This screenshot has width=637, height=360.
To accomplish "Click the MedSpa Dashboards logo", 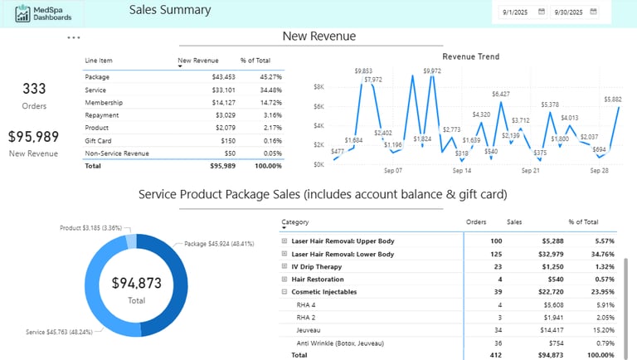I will point(44,13).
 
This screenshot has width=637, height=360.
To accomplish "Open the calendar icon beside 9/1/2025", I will point(541,12).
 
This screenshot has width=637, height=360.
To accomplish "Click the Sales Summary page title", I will point(170,11).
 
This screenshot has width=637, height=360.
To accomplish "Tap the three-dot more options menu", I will point(74,38).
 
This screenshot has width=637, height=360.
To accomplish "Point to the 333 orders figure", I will point(34,89).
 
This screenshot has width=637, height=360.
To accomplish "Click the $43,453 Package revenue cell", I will point(218,76).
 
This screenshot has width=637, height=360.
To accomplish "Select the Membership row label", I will point(104,102).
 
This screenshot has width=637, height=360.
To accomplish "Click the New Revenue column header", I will point(198,61).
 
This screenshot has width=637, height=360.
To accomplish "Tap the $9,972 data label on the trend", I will point(432,71).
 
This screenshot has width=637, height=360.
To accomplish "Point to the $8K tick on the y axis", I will point(318,87).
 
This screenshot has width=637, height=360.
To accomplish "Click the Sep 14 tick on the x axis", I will point(462,171).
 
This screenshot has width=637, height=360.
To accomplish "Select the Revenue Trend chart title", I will point(470,56).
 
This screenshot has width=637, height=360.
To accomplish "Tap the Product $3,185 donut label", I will point(90,227).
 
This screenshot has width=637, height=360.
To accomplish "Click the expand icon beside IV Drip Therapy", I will point(284,266).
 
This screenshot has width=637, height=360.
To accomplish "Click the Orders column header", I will point(476,222).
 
